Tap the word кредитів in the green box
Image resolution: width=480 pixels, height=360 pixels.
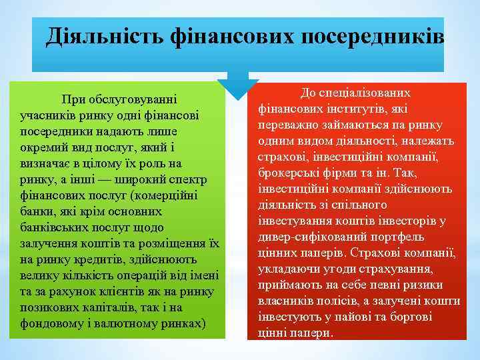click(122, 259)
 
